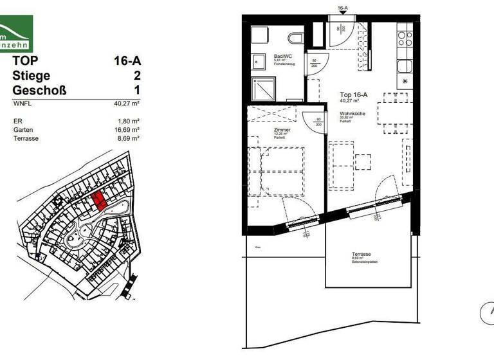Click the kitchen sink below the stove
pyautogui.click(x=405, y=66)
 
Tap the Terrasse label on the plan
pyautogui.click(x=360, y=254)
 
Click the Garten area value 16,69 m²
pyautogui.click(x=127, y=129)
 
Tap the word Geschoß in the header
pyautogui.click(x=39, y=89)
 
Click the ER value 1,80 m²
pyautogui.click(x=129, y=120)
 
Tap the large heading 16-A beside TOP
pyautogui.click(x=127, y=62)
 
